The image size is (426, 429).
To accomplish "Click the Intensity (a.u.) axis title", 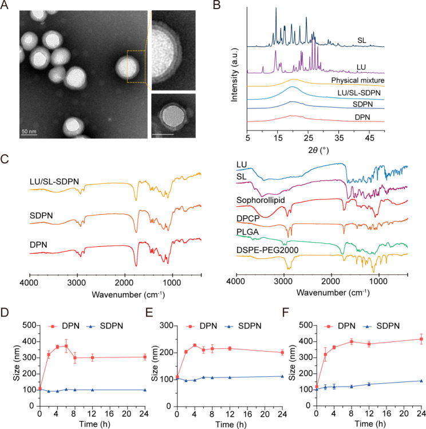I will click(235, 69).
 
